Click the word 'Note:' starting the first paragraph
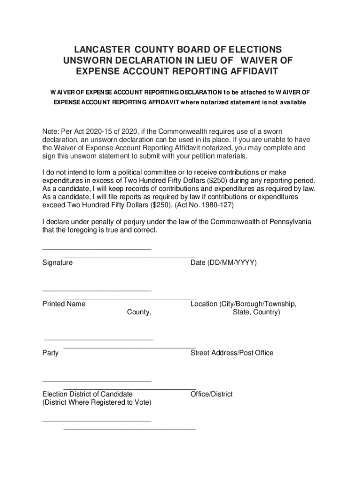(51, 131)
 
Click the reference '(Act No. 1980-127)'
(204, 205)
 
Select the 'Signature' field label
(58, 263)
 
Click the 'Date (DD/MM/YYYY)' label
(223, 263)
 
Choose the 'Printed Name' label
(64, 304)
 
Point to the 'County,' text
(139, 312)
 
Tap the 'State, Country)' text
(256, 312)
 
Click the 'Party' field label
(50, 353)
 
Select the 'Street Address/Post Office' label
(232, 353)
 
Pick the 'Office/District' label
(211, 394)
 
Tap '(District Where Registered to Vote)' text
(97, 402)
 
